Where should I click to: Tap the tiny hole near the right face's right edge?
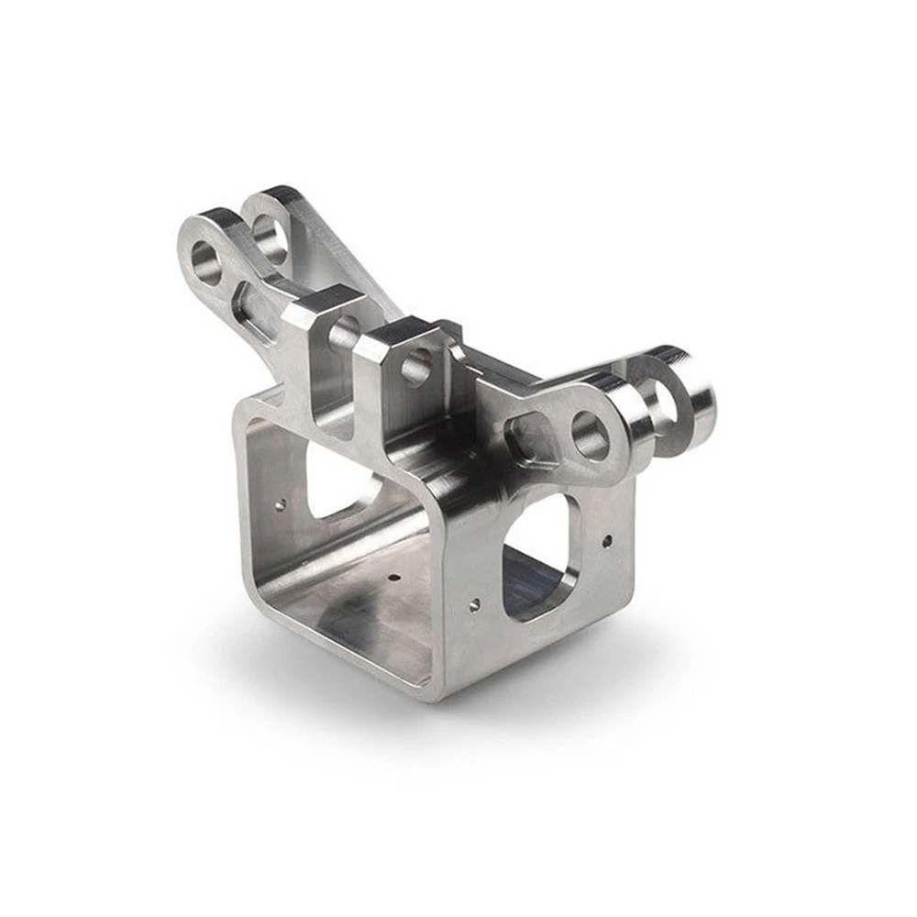click(606, 540)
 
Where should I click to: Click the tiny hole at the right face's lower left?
click(473, 602)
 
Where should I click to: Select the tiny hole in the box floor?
click(392, 579)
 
